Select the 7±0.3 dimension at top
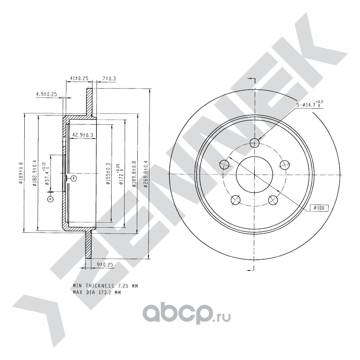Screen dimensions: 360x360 109,79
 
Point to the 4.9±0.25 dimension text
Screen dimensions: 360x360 46,94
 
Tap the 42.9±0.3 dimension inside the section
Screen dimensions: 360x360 83,135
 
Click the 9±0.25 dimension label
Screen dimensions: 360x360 104,265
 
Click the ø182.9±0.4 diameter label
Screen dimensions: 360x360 35,174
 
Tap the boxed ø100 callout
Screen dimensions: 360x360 319,208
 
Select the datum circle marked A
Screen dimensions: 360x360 50,198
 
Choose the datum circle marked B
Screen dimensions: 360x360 74,178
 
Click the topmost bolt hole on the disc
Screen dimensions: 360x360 255,144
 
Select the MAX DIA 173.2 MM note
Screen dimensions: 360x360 97,292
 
